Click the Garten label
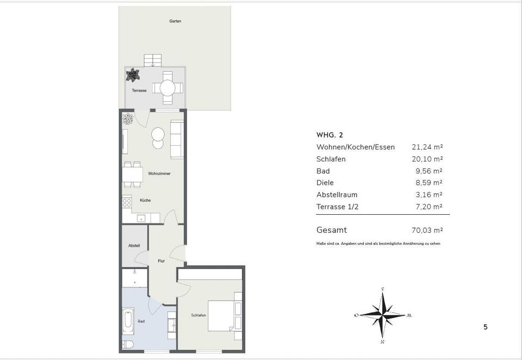[x=175, y=21]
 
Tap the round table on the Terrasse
[x=167, y=88]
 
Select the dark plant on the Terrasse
[x=133, y=75]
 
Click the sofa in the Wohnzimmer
[x=177, y=139]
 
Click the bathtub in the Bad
[x=128, y=322]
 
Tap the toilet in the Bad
[x=128, y=344]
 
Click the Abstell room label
[x=134, y=246]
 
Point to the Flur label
[x=161, y=261]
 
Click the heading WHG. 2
[x=330, y=135]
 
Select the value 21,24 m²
[x=427, y=147]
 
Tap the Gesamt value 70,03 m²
[x=427, y=231]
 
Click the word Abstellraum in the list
[x=337, y=195]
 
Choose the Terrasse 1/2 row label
[x=338, y=207]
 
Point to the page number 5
[x=486, y=327]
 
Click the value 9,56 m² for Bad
[x=429, y=171]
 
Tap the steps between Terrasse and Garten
[x=153, y=60]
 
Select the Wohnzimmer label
[x=159, y=173]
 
